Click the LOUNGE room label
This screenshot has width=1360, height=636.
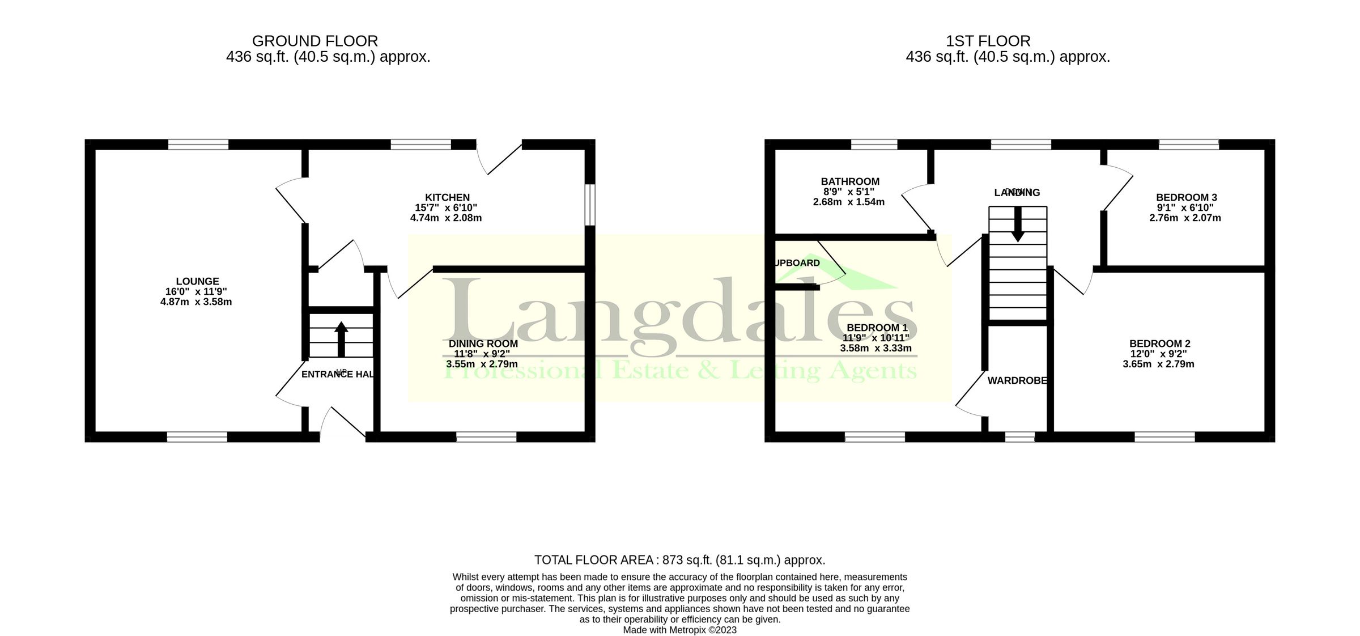(x=197, y=281)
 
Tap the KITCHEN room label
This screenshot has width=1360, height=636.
(x=447, y=197)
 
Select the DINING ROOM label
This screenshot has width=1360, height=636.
(x=483, y=344)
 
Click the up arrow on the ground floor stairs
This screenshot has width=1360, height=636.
(x=341, y=338)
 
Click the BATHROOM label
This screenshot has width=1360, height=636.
(x=850, y=181)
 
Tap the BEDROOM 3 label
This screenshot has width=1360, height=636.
(x=1186, y=197)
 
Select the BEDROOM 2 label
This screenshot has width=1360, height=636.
(x=1159, y=344)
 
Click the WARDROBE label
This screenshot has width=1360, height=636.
(x=1017, y=380)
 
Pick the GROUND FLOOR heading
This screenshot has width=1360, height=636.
(x=314, y=41)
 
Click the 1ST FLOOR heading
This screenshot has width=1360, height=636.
(x=988, y=41)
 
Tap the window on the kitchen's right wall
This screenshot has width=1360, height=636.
(x=590, y=204)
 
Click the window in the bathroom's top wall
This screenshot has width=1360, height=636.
(x=874, y=145)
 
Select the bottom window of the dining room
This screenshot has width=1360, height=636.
(x=486, y=437)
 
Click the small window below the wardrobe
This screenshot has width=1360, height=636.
(x=1019, y=437)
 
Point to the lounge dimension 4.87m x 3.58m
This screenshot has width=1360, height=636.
(x=196, y=302)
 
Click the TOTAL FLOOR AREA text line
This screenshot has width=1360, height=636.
(x=679, y=560)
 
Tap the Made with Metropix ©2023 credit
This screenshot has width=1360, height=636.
(x=679, y=630)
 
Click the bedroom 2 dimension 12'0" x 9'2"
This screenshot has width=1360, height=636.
(x=1158, y=354)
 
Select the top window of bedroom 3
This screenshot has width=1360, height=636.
(x=1188, y=145)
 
